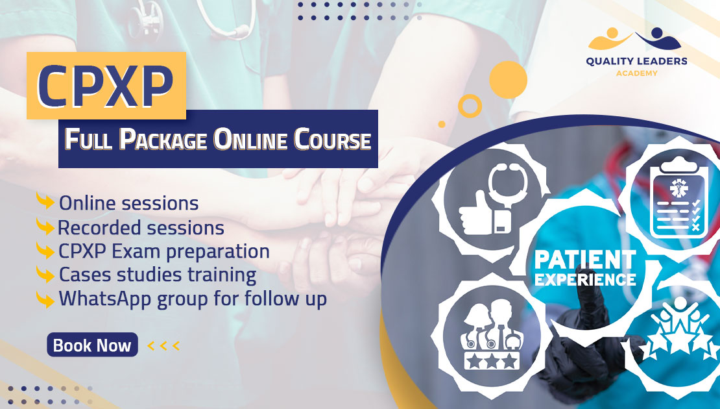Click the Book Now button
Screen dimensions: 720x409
92,345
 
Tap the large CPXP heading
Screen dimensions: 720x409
106,86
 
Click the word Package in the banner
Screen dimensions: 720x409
163,139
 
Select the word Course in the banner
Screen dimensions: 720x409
332,139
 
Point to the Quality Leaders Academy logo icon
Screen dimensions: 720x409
634,39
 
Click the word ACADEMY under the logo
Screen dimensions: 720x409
636,73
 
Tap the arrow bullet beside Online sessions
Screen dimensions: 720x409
45,201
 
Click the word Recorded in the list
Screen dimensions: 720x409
100,227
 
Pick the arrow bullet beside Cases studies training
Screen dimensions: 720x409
45,275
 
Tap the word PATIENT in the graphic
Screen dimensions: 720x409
585,260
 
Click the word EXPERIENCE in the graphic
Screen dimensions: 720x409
585,280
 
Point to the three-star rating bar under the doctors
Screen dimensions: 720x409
492,360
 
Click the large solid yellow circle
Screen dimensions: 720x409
508,79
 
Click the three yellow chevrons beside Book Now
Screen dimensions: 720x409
163,345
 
